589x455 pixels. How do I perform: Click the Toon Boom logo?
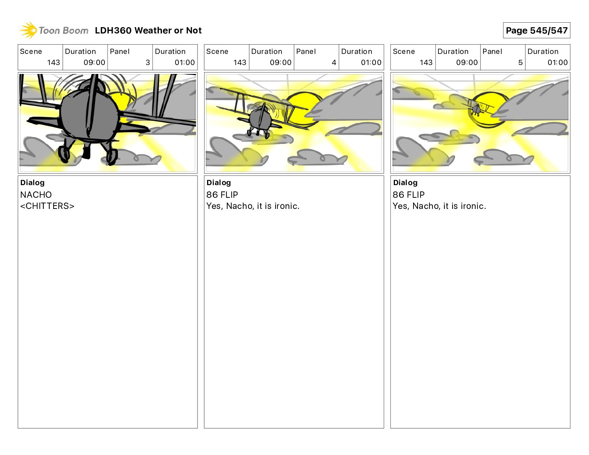coord(54,30)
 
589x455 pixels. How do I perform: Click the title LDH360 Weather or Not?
coord(148,30)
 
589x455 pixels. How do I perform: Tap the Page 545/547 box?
coord(537,30)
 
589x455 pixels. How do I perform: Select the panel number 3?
coord(148,62)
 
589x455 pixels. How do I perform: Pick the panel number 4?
coord(334,62)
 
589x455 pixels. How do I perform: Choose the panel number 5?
coord(521,62)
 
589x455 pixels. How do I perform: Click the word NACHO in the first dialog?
coord(36,194)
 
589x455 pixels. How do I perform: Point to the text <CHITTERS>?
coord(47,206)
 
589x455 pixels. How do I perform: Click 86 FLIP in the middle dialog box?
coord(222,194)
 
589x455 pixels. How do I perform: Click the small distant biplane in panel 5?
coord(477,108)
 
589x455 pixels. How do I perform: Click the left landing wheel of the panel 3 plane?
coord(64,155)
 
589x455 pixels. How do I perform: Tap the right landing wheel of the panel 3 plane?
coord(112,156)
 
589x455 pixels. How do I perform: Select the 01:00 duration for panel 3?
coord(184,62)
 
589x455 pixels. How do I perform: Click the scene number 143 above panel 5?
coord(426,62)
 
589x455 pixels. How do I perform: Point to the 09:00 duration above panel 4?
coord(280,62)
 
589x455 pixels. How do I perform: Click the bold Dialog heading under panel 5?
coord(405,183)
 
